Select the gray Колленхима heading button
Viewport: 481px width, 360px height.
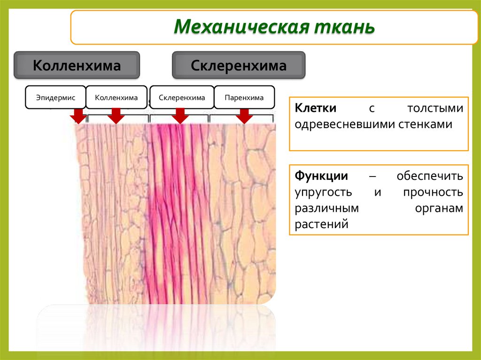[77, 65]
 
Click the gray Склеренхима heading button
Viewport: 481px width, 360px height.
[239, 65]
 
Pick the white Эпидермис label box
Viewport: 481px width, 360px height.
[55, 98]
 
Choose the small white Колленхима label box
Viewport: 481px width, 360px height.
[116, 98]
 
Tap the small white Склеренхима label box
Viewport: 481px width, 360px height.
[182, 98]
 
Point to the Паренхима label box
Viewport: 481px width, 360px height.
[244, 98]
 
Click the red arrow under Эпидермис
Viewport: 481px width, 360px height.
[77, 116]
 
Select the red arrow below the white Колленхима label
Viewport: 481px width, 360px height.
[116, 116]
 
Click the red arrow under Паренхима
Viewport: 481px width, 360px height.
[244, 116]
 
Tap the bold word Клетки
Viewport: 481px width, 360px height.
[315, 108]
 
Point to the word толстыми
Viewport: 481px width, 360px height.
[434, 108]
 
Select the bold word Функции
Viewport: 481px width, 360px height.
[321, 176]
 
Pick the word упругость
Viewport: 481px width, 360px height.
[323, 192]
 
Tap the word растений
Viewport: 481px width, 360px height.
[321, 224]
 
